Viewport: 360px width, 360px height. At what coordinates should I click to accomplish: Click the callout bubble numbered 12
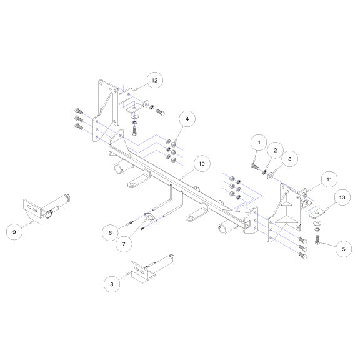click(155, 80)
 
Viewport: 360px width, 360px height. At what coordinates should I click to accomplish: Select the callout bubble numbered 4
click(187, 119)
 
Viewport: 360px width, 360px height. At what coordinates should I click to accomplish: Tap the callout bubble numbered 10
click(202, 164)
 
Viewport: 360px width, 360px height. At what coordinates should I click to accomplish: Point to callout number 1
click(259, 142)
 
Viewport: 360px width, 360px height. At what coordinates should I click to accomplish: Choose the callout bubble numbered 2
click(275, 150)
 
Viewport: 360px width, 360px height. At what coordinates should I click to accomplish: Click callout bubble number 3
click(290, 159)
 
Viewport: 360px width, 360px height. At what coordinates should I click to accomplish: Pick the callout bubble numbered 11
click(329, 179)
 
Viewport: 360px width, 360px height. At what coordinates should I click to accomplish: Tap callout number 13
click(342, 197)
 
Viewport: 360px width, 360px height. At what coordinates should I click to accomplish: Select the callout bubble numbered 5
click(344, 249)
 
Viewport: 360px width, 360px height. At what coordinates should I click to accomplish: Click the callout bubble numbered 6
click(110, 232)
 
